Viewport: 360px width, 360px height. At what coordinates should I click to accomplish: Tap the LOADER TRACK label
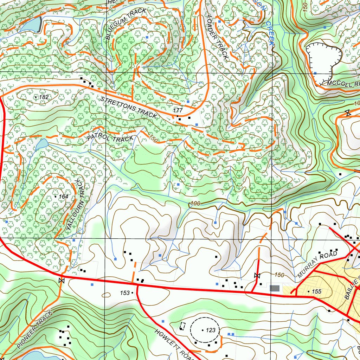(x=218, y=37)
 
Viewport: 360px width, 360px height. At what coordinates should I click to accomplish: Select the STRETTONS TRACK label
(x=129, y=107)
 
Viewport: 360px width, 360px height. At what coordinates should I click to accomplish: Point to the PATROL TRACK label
(x=110, y=138)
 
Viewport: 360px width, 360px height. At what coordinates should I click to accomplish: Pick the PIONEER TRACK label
(x=34, y=329)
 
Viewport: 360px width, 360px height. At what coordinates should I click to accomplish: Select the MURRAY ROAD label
(x=317, y=265)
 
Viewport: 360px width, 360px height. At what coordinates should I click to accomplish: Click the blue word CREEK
(x=270, y=33)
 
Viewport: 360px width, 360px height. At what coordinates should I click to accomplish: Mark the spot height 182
(x=44, y=97)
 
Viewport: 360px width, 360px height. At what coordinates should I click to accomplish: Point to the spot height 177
(x=178, y=111)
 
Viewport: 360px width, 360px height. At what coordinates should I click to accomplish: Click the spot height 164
(x=63, y=197)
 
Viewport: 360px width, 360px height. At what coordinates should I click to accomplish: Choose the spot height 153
(x=125, y=292)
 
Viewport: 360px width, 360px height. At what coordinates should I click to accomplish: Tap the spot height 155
(x=316, y=291)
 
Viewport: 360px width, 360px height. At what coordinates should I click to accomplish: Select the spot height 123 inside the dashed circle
(x=211, y=330)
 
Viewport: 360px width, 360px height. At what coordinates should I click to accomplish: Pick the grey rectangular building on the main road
(x=275, y=288)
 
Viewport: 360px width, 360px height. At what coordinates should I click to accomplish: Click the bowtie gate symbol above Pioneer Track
(x=62, y=281)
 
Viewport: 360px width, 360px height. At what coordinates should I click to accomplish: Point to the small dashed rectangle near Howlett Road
(x=182, y=326)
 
